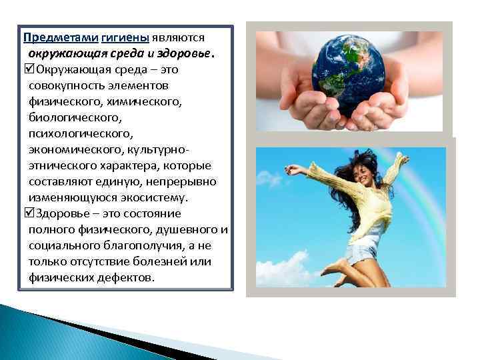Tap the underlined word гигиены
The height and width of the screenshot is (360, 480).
pos(109,38)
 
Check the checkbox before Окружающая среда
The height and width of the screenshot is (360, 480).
pos(27,69)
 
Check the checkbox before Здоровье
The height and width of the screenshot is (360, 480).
pos(27,213)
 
